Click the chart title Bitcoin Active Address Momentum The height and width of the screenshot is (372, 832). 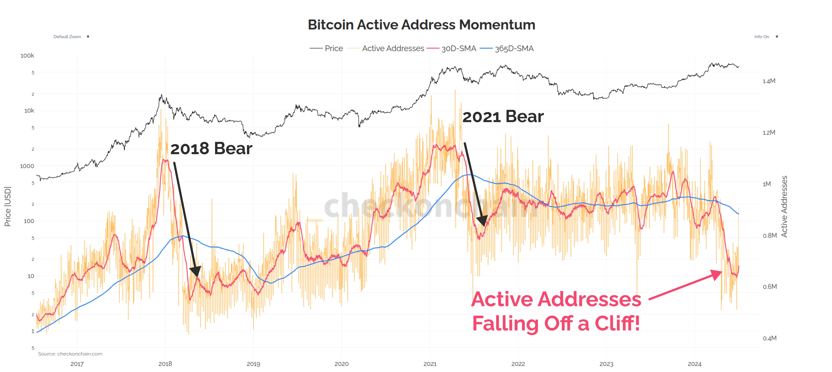(x=421, y=25)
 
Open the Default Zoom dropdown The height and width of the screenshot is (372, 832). (x=70, y=37)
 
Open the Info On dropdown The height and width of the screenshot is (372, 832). (x=765, y=37)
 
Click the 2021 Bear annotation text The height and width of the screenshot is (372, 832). (x=503, y=116)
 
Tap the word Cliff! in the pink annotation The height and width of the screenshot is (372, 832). (x=617, y=323)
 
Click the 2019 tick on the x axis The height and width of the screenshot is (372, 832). (x=253, y=364)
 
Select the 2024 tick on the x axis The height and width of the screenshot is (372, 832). (x=694, y=364)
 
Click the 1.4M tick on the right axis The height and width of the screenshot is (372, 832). (x=769, y=81)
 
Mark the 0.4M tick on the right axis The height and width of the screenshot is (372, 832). (x=769, y=338)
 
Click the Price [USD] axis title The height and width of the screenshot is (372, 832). (x=7, y=207)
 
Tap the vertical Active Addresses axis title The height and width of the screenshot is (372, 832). (x=784, y=207)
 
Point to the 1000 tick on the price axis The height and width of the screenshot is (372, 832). (x=27, y=166)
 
